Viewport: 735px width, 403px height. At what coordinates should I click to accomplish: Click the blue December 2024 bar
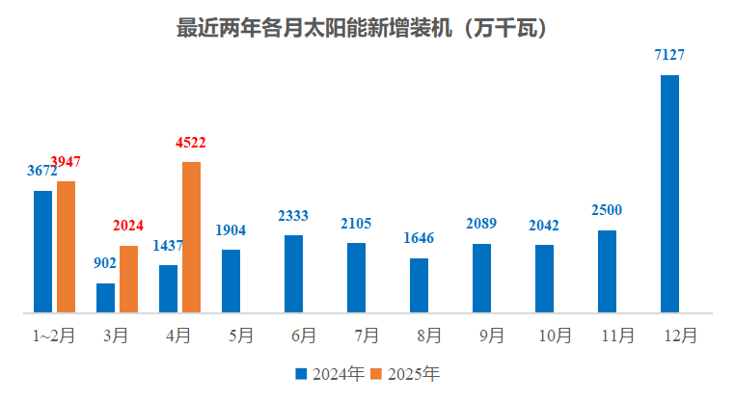(x=669, y=193)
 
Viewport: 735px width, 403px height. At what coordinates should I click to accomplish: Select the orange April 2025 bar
(x=191, y=236)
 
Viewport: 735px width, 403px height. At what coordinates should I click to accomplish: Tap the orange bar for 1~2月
(x=66, y=246)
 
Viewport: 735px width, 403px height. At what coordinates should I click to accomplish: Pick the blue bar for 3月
(x=105, y=298)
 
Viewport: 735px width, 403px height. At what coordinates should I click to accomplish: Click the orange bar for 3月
(x=128, y=279)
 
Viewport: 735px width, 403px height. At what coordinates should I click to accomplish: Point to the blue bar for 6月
(x=293, y=274)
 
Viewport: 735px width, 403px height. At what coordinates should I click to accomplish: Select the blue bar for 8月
(x=419, y=285)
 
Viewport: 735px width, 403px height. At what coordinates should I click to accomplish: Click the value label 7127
(x=669, y=56)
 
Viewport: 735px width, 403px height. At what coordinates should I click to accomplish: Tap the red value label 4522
(x=191, y=143)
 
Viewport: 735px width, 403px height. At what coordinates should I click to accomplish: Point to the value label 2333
(x=293, y=216)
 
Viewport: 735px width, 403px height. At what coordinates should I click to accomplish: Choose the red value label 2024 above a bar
(x=128, y=227)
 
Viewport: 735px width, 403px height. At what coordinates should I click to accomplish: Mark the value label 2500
(x=607, y=211)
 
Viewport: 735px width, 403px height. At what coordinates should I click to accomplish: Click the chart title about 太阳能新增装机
(x=367, y=28)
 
